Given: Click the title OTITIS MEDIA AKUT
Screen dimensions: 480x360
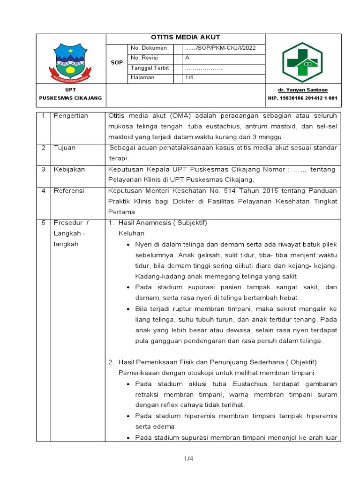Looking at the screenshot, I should (185, 37).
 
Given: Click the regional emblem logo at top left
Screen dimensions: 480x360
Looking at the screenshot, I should (70, 61).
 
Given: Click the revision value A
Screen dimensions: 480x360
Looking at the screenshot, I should (187, 58).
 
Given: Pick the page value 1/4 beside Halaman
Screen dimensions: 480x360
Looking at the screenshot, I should (189, 77).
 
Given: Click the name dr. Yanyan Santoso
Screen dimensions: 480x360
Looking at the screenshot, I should (303, 90).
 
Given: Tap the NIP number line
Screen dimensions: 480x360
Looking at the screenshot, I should (303, 98).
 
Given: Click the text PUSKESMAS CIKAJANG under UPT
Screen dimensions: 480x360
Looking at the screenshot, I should (70, 98).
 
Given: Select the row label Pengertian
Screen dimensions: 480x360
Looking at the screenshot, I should (71, 116).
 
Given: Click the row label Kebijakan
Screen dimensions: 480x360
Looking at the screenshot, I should (69, 169).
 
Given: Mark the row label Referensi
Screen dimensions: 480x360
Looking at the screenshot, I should (69, 191).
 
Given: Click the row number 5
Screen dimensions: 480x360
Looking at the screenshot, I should (43, 223).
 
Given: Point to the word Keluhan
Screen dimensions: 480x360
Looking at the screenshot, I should (131, 233).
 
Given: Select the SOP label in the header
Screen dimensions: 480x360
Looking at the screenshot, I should (116, 63).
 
